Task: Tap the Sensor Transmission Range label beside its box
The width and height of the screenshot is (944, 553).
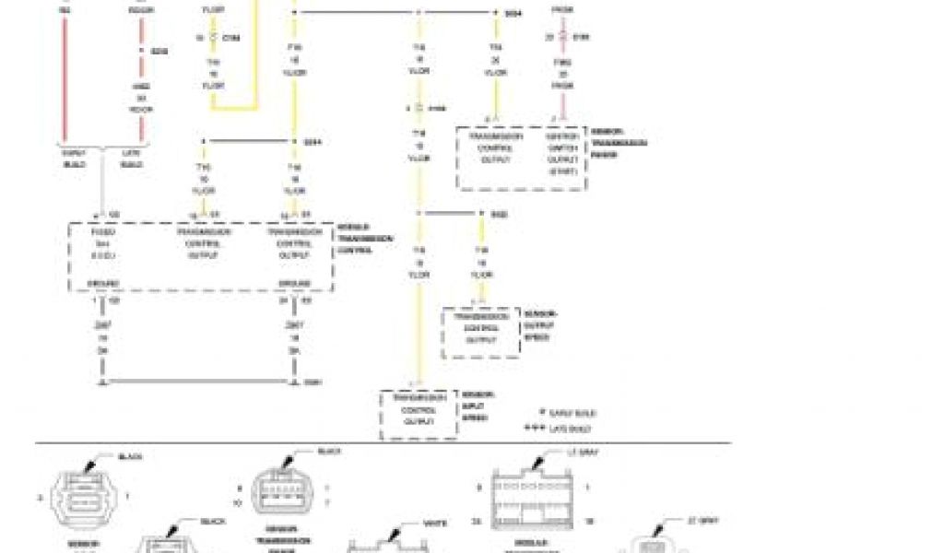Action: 619,143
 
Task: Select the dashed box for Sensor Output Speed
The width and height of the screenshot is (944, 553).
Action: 480,333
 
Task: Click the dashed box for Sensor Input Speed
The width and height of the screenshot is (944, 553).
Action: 419,414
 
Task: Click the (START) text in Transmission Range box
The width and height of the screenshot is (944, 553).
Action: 562,171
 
